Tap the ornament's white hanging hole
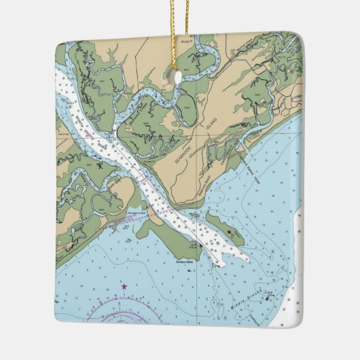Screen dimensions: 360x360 179,77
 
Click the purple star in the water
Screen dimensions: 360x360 124,287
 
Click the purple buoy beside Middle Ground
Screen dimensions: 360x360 267,297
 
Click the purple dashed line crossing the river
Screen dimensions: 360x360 146,216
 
